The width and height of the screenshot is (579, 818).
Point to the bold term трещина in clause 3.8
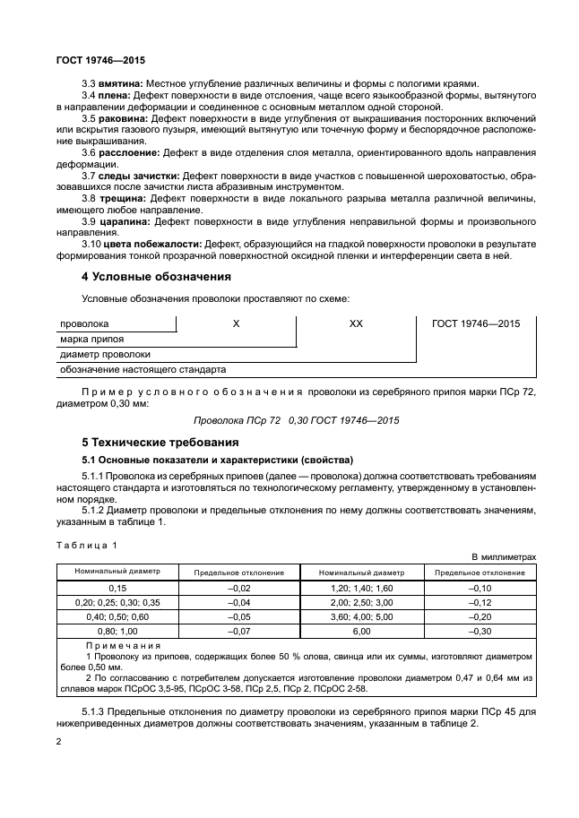[124, 198]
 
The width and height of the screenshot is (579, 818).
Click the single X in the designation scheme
[236, 323]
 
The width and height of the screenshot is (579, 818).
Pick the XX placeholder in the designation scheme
[356, 323]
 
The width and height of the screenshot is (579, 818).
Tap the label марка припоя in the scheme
[91, 339]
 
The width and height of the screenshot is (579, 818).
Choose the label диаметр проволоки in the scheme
[99, 354]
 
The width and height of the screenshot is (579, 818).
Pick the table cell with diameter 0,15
[117, 587]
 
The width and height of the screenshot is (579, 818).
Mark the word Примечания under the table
[123, 645]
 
